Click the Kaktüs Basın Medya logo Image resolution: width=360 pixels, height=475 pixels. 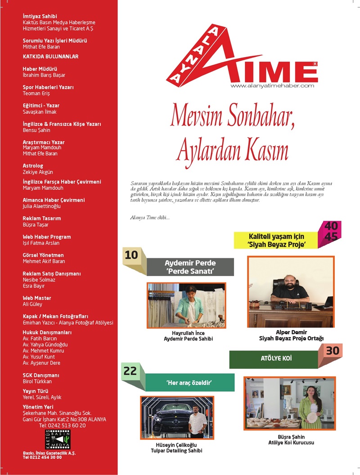(58, 439)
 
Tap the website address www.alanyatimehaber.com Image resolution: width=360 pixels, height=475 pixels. (272, 85)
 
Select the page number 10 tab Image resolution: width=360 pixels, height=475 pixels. (131, 255)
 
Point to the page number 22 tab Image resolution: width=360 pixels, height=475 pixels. (130, 371)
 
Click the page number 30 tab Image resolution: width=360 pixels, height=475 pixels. (333, 351)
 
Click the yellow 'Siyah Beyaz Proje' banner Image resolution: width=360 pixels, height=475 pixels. (276, 240)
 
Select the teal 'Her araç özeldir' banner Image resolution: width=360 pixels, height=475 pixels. (189, 383)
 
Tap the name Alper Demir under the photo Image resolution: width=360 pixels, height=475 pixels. (291, 332)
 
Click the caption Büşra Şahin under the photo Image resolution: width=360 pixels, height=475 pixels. (290, 436)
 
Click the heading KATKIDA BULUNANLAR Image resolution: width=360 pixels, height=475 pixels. (50, 57)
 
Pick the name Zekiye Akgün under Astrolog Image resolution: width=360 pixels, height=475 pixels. (38, 172)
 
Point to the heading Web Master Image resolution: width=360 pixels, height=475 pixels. (37, 298)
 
